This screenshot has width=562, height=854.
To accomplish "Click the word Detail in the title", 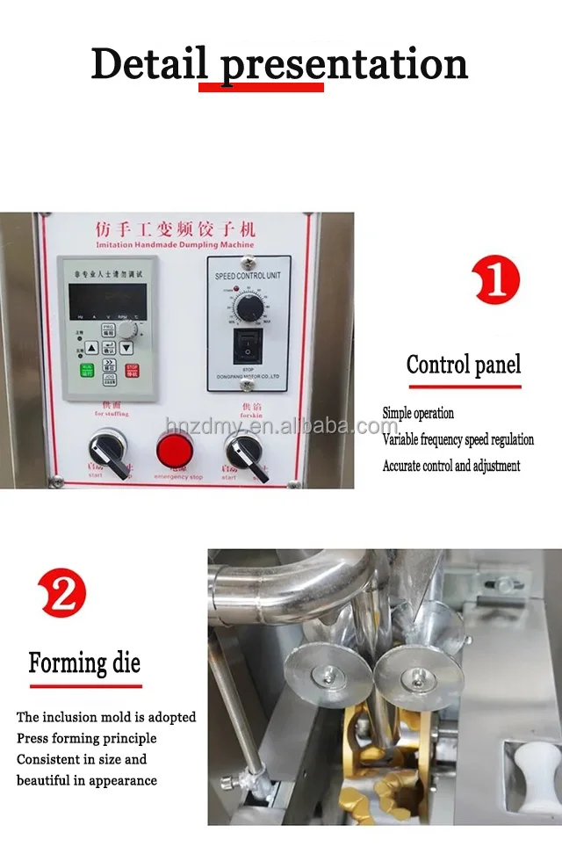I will tap(148, 63).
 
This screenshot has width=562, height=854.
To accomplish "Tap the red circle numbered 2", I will tap(63, 592).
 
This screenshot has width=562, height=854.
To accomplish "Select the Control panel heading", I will tap(463, 365).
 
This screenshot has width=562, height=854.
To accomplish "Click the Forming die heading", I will tap(84, 662).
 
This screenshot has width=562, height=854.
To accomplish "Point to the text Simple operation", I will tap(418, 413).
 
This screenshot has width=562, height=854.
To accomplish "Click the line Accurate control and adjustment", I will tap(451, 466).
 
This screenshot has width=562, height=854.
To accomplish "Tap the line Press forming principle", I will tap(86, 738).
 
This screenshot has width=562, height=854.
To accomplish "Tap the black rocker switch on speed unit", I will tap(249, 346).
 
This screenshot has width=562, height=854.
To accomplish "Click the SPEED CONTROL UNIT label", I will tap(249, 277).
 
